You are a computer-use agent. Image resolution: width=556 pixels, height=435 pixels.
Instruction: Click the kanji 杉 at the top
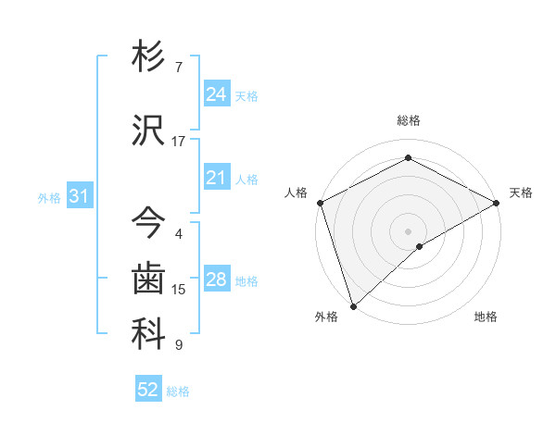[x=149, y=58]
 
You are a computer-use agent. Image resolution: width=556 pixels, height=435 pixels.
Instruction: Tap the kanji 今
[x=149, y=222]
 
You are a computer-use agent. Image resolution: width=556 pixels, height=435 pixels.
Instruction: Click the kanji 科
[x=149, y=335]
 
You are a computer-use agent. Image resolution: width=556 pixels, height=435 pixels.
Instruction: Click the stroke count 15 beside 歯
[x=179, y=290]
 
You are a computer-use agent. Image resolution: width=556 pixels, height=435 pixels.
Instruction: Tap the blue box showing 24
[x=217, y=94]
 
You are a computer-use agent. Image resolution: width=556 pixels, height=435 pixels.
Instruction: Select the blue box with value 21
[x=217, y=178]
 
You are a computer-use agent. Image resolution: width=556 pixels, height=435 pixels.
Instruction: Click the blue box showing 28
[x=217, y=280]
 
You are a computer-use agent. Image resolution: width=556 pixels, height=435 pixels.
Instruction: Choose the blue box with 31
[x=79, y=196]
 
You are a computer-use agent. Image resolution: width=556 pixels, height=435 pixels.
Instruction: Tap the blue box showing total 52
[x=148, y=390]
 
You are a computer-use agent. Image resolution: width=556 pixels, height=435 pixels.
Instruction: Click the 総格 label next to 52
[x=178, y=391]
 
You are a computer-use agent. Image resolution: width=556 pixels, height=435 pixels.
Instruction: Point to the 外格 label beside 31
[x=49, y=197]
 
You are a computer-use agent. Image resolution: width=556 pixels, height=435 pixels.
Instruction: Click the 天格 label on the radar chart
[x=521, y=193]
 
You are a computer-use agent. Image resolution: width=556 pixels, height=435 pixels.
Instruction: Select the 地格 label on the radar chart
[x=486, y=317]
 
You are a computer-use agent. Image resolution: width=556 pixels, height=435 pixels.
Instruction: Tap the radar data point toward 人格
[x=320, y=203]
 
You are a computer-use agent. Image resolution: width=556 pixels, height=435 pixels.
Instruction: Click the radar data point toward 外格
[x=353, y=305]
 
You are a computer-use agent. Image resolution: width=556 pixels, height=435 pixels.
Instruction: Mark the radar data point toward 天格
[x=497, y=203]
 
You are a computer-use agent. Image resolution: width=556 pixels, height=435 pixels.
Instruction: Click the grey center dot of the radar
[x=408, y=230]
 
